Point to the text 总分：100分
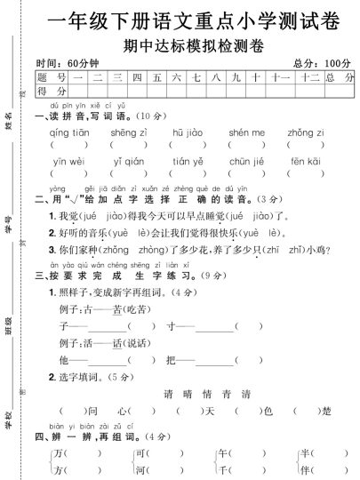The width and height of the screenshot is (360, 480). (x=321, y=64)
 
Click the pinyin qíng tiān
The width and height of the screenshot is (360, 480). (x=68, y=132)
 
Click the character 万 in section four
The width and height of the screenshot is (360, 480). (x=59, y=453)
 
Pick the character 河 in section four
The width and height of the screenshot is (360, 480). (x=140, y=471)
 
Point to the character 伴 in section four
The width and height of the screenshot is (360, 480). (x=305, y=471)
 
